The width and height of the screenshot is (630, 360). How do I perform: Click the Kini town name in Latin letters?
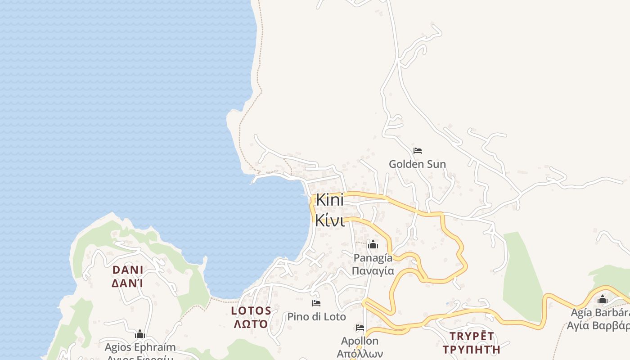(x=329, y=200)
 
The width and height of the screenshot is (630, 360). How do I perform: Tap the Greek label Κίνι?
(x=329, y=220)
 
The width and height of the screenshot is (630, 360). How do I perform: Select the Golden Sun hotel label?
(x=417, y=164)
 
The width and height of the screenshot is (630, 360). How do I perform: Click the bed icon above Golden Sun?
(x=418, y=151)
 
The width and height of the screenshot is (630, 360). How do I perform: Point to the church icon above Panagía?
(x=373, y=245)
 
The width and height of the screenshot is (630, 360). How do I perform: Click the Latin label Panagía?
(x=373, y=258)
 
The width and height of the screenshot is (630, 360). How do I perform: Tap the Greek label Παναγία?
(x=373, y=270)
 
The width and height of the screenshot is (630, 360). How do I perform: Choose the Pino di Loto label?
(x=317, y=316)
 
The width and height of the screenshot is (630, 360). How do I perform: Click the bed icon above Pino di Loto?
(x=316, y=303)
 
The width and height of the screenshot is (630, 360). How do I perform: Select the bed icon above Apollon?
(x=360, y=328)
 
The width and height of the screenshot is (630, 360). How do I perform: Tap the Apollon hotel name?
(x=360, y=341)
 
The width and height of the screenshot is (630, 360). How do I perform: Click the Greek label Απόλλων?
(x=360, y=353)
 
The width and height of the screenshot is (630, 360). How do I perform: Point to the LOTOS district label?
(x=251, y=310)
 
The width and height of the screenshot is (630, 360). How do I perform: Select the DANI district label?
(x=128, y=270)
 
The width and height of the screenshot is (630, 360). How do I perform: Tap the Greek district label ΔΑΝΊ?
(x=128, y=283)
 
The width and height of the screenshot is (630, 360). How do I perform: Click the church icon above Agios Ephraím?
(x=140, y=334)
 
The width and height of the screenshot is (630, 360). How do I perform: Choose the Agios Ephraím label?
(x=140, y=347)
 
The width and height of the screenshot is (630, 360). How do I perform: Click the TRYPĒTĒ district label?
(x=472, y=336)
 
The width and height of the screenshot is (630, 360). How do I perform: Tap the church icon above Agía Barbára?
(x=603, y=299)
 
